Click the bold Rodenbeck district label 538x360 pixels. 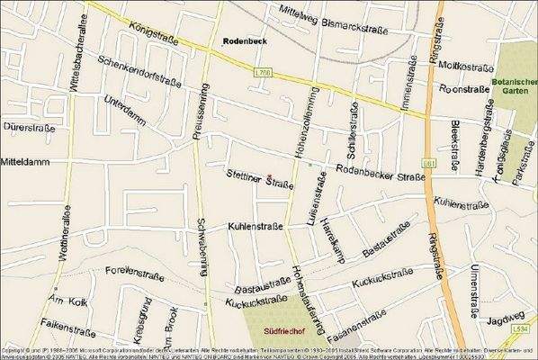pyautogui.click(x=245, y=41)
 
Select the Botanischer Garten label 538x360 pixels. pyautogui.click(x=515, y=91)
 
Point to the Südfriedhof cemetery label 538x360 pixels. pyautogui.click(x=282, y=330)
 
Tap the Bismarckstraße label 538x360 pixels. pyautogui.click(x=354, y=27)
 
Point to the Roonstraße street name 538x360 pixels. pyautogui.click(x=463, y=90)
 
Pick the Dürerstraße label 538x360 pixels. pyautogui.click(x=26, y=127)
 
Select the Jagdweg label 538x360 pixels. pyautogui.click(x=505, y=319)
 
